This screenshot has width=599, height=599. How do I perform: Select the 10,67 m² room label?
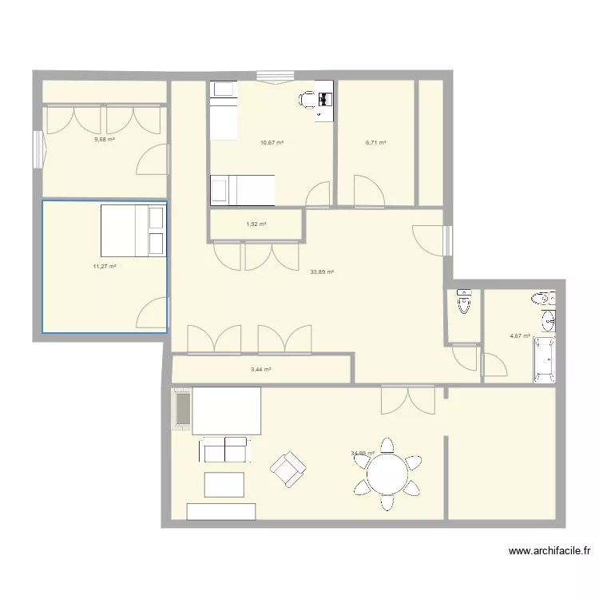tap(272, 143)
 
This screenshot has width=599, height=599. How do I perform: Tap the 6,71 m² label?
tap(376, 143)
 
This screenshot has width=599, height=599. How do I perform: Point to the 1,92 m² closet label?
tap(256, 224)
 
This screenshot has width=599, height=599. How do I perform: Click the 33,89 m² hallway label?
tap(322, 272)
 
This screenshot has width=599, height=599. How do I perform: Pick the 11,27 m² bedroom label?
tap(105, 267)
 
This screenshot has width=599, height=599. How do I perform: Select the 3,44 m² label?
tap(261, 370)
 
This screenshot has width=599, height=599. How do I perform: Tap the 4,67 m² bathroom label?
tap(520, 336)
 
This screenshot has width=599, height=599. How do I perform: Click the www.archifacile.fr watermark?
tap(552, 550)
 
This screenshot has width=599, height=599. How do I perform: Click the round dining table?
tap(387, 476)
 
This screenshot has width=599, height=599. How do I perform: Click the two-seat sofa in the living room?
tap(224, 449)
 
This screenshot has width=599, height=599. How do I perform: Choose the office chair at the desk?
tap(307, 99)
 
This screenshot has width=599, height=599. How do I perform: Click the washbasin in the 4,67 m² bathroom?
tap(547, 321)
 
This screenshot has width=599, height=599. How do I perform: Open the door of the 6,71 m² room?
tap(369, 190)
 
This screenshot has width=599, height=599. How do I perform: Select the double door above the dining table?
tap(407, 399)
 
